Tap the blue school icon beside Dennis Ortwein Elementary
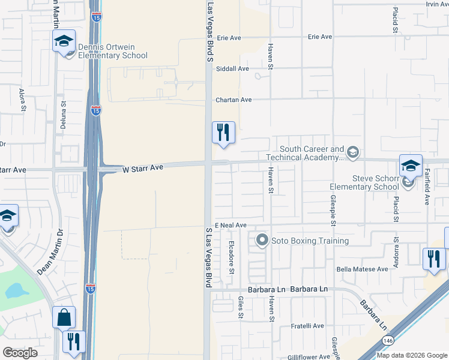pyautogui.click(x=63, y=41)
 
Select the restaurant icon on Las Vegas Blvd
pyautogui.click(x=223, y=132)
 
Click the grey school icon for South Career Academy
pyautogui.click(x=352, y=151)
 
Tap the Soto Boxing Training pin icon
pyautogui.click(x=262, y=241)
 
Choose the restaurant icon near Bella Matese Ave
pyautogui.click(x=434, y=259)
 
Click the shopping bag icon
pyautogui.click(x=64, y=317)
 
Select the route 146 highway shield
pyautogui.click(x=384, y=340)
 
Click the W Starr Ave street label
pyautogui.click(x=143, y=170)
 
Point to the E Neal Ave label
pyautogui.click(x=231, y=225)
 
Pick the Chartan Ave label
pyautogui.click(x=234, y=100)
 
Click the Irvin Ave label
pyautogui.click(x=437, y=4)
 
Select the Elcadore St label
pyautogui.click(x=232, y=257)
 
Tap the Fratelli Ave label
pyautogui.click(x=307, y=326)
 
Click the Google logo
pyautogui.click(x=20, y=353)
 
